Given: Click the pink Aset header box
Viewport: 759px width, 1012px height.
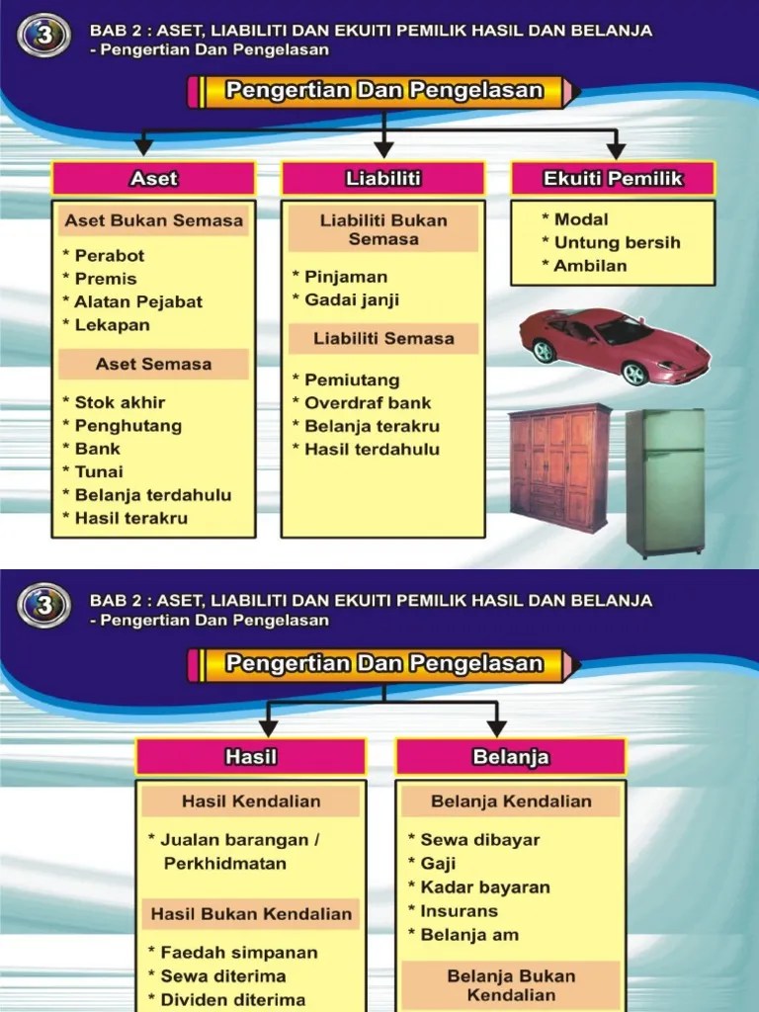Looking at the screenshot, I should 153,179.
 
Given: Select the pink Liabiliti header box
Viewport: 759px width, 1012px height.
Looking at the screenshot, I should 383,179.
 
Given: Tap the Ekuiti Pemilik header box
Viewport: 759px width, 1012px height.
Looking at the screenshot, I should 613,179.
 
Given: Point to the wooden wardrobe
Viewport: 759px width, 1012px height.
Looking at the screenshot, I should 559,466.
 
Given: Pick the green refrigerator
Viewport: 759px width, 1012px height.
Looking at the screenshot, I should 665,482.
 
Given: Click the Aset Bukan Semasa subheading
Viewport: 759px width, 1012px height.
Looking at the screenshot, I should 153,220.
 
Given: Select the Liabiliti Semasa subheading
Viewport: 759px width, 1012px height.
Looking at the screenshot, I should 383,338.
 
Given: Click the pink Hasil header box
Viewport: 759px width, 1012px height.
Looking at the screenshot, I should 251,757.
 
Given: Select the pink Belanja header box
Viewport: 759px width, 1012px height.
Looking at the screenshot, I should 511,757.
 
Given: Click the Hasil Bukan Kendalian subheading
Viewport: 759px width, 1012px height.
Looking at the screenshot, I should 251,914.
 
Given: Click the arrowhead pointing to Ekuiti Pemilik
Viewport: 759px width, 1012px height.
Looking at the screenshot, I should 616,150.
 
